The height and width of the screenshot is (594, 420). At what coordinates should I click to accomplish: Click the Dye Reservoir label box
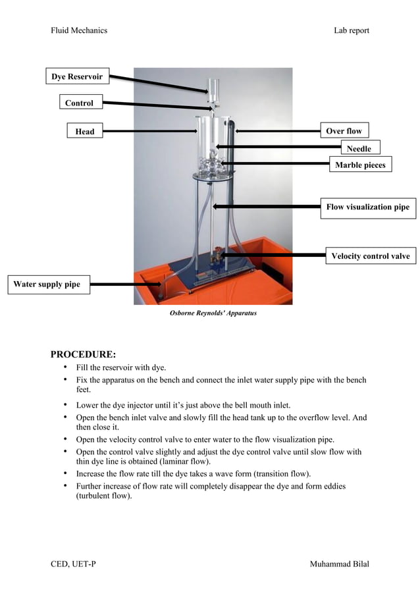point(77,78)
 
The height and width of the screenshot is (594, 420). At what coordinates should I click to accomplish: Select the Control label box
point(79,103)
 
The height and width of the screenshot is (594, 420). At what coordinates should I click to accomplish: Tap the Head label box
point(84,132)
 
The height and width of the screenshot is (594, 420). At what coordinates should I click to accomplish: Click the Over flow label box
point(344,131)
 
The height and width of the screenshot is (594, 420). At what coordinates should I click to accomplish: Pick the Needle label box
point(359,149)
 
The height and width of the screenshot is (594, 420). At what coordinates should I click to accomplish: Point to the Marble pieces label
point(359,165)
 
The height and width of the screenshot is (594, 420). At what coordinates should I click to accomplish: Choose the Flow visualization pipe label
point(367,207)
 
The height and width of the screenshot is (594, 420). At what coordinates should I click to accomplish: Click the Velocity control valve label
point(370,256)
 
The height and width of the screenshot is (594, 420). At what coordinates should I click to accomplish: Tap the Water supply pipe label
point(47,284)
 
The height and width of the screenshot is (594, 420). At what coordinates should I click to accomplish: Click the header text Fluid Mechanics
point(79,30)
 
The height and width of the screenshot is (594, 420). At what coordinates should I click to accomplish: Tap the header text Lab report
point(351,30)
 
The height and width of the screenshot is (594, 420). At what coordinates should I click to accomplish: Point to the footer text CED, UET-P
point(73,564)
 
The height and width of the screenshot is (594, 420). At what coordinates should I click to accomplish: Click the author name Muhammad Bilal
point(339,564)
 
